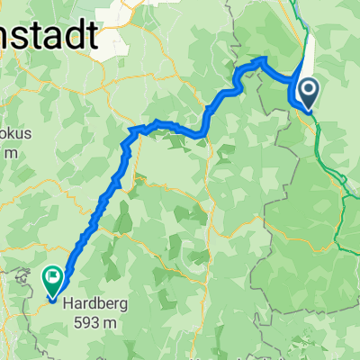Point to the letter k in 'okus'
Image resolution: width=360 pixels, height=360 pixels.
11,133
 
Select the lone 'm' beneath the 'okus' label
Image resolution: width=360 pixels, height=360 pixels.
10,153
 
